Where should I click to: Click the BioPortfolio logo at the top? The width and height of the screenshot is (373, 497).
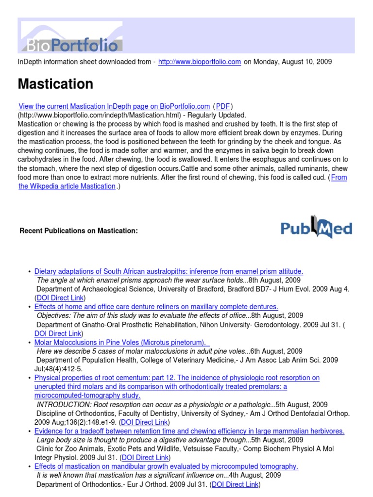(x=71, y=38)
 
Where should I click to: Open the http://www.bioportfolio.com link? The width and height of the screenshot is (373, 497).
(x=200, y=62)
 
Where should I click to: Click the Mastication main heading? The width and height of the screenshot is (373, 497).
(x=55, y=84)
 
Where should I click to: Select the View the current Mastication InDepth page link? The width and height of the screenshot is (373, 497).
(x=114, y=106)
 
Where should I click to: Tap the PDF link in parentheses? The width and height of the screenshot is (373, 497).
(x=223, y=106)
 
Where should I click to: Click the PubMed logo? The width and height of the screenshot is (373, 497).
(x=317, y=229)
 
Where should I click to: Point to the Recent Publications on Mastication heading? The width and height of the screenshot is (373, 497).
(x=79, y=231)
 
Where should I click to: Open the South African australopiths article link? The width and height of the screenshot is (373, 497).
(x=169, y=271)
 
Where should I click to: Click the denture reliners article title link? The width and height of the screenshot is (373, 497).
(x=156, y=307)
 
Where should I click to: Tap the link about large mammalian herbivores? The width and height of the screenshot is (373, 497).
(x=189, y=431)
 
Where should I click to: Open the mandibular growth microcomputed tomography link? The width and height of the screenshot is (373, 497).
(x=166, y=466)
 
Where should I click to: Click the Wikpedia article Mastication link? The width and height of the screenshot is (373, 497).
(x=67, y=186)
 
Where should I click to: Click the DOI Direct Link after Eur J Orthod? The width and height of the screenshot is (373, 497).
(x=235, y=484)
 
